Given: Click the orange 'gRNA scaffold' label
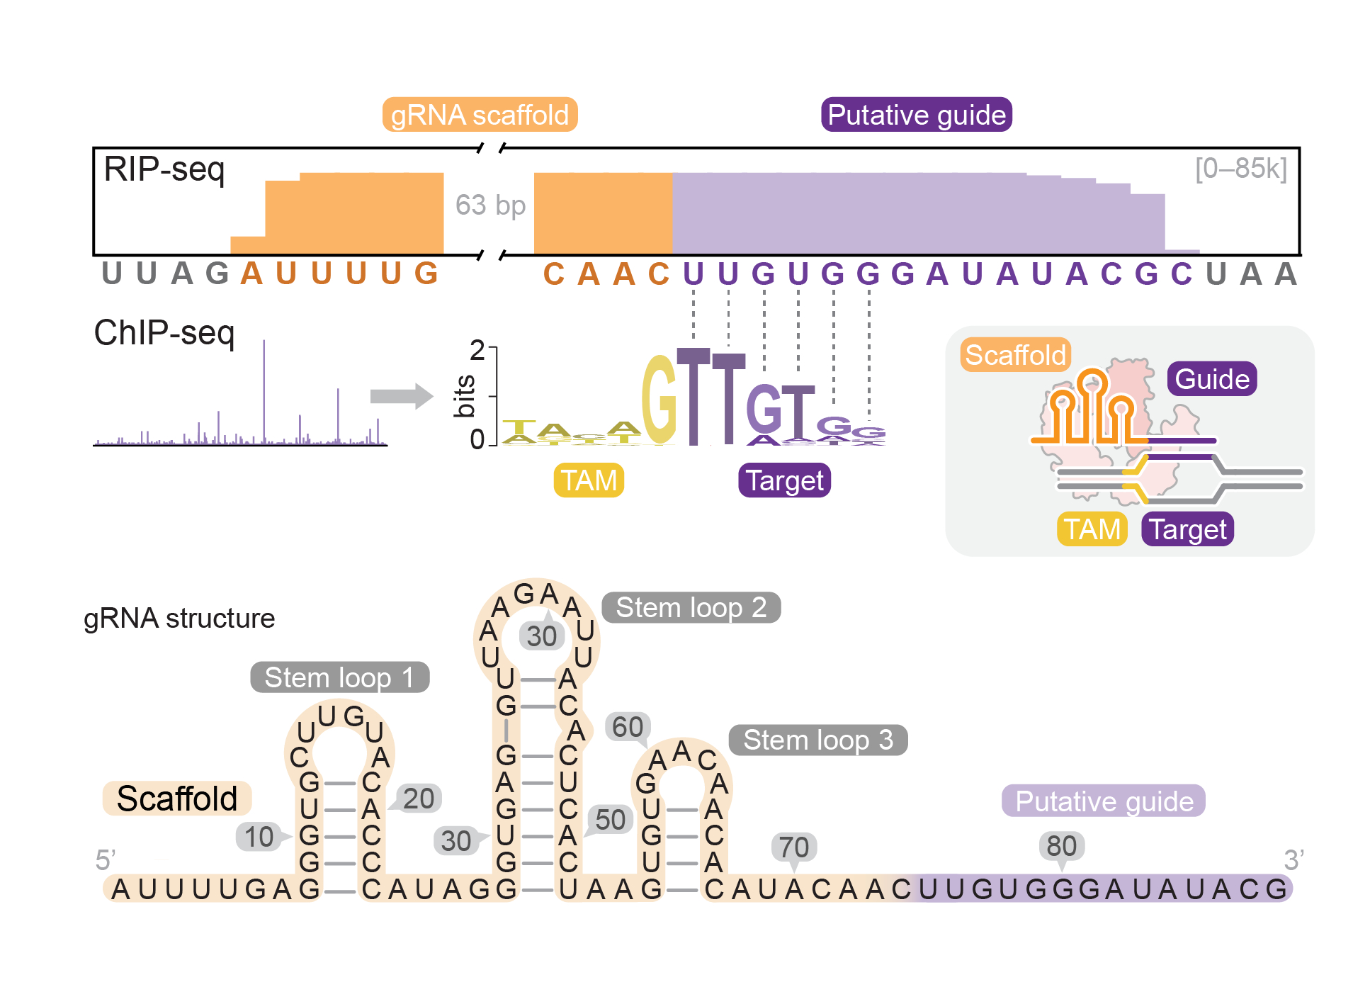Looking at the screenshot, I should pyautogui.click(x=480, y=115).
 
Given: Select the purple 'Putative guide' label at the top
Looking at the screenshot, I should pyautogui.click(x=916, y=115).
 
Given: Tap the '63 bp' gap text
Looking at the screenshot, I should pyautogui.click(x=490, y=205).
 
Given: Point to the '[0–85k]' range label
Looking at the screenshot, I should pyautogui.click(x=1240, y=169).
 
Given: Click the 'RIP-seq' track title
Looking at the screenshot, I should pyautogui.click(x=164, y=169).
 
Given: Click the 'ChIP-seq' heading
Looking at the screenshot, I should pyautogui.click(x=164, y=332).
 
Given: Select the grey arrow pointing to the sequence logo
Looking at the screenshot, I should pyautogui.click(x=401, y=396).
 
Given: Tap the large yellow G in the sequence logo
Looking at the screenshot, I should pyautogui.click(x=659, y=400).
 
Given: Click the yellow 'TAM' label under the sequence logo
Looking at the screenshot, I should pyautogui.click(x=589, y=480).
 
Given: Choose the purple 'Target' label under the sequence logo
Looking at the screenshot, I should pyautogui.click(x=784, y=480).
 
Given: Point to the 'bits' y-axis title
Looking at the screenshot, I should pyautogui.click(x=464, y=396).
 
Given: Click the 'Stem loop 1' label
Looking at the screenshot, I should pyautogui.click(x=339, y=677).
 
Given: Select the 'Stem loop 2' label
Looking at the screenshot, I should pyautogui.click(x=691, y=607).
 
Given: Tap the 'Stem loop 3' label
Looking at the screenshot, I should pyautogui.click(x=817, y=740).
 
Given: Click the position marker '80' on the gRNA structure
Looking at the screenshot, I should pyautogui.click(x=1061, y=846).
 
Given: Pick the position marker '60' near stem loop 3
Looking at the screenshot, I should pyautogui.click(x=627, y=727).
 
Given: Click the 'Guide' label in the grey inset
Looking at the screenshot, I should pyautogui.click(x=1212, y=379).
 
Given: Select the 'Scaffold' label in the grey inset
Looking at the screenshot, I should pyautogui.click(x=1015, y=355).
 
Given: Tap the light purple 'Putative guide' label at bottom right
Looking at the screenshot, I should pyautogui.click(x=1104, y=801).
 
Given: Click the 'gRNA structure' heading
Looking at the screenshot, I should pyautogui.click(x=179, y=619).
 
